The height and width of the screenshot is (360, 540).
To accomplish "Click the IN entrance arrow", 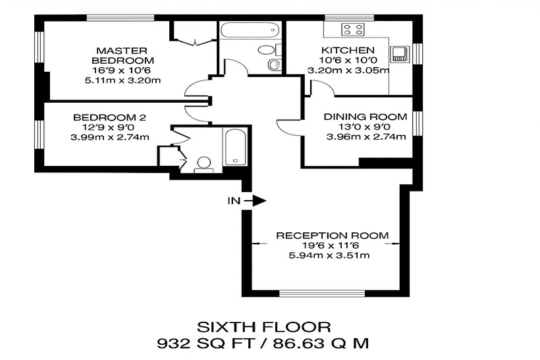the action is point(255,201).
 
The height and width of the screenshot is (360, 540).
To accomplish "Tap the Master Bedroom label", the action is point(122,56).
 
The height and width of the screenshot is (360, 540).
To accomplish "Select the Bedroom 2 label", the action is point(109,117).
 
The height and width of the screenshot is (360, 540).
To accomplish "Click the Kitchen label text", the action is point(348,50).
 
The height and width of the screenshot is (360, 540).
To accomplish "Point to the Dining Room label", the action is point(365,116).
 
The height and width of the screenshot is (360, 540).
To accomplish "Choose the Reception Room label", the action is point(333,236).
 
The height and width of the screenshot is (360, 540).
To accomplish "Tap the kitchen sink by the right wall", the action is point(400,55).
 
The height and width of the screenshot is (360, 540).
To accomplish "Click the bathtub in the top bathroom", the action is point(250,30).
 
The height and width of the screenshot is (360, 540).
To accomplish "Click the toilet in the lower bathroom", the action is point(203,165).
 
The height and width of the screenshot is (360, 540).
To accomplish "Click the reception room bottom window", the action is point(322,294).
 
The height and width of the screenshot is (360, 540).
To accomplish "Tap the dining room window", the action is point(417,123).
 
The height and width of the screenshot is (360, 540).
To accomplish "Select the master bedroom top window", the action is point(121,18).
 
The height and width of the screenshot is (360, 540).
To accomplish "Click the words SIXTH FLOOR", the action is point(264,327).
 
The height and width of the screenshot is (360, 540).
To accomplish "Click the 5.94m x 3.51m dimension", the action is point(329,255).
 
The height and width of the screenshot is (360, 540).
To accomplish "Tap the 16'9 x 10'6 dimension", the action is point(123,70).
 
